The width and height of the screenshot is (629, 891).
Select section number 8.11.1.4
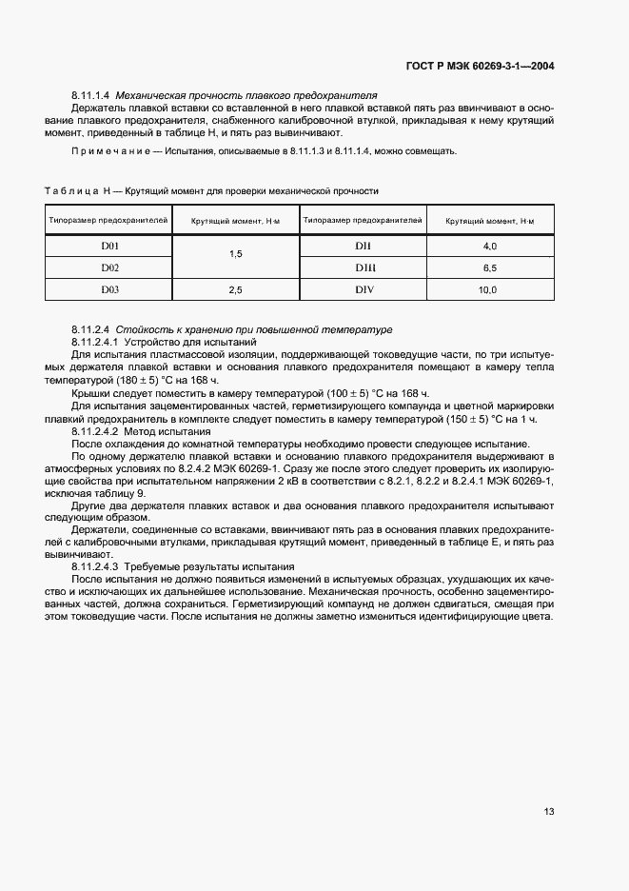point(91,96)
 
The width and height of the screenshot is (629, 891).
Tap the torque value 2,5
point(236,288)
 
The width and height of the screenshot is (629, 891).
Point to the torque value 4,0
point(490,247)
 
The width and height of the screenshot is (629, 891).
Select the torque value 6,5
point(490,267)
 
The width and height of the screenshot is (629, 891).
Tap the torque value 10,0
point(488,288)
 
